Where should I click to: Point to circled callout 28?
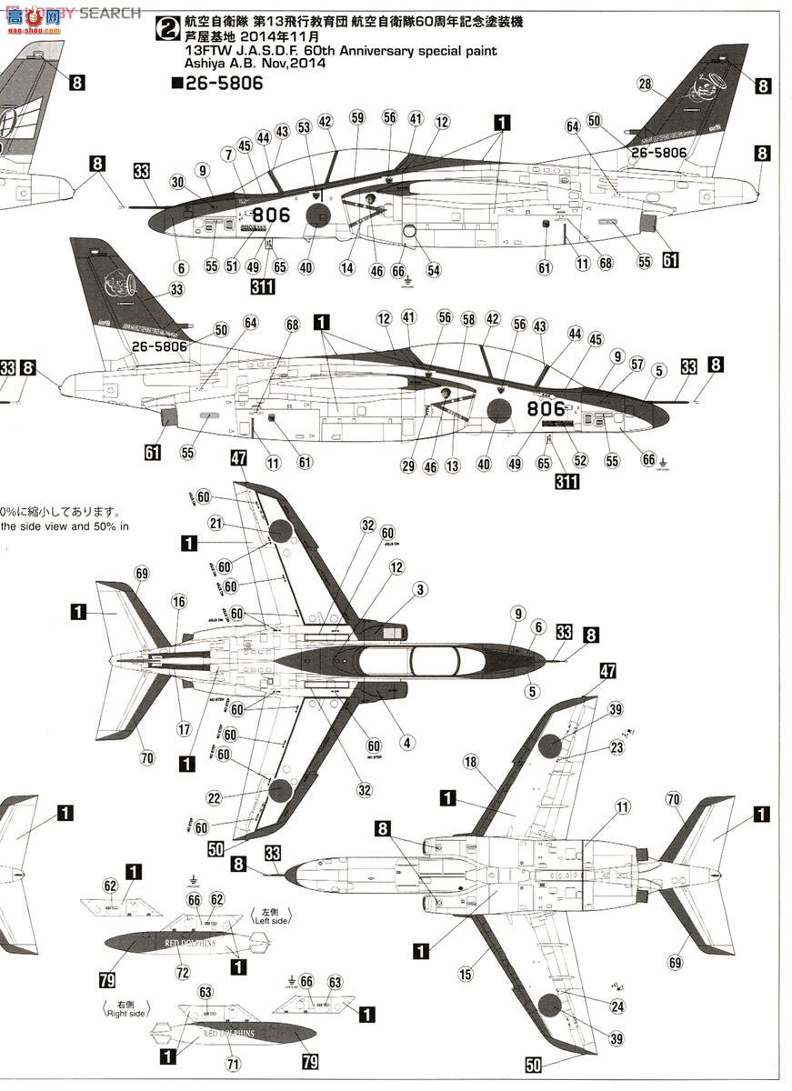point(646,85)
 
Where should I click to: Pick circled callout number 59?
point(357,117)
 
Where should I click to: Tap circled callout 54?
point(433,270)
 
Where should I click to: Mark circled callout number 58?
point(468,319)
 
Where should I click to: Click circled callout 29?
point(406,466)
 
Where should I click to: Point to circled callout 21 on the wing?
point(216,523)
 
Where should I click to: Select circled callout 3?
point(419,590)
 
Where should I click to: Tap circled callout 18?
point(496,761)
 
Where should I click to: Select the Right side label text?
point(126,1009)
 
